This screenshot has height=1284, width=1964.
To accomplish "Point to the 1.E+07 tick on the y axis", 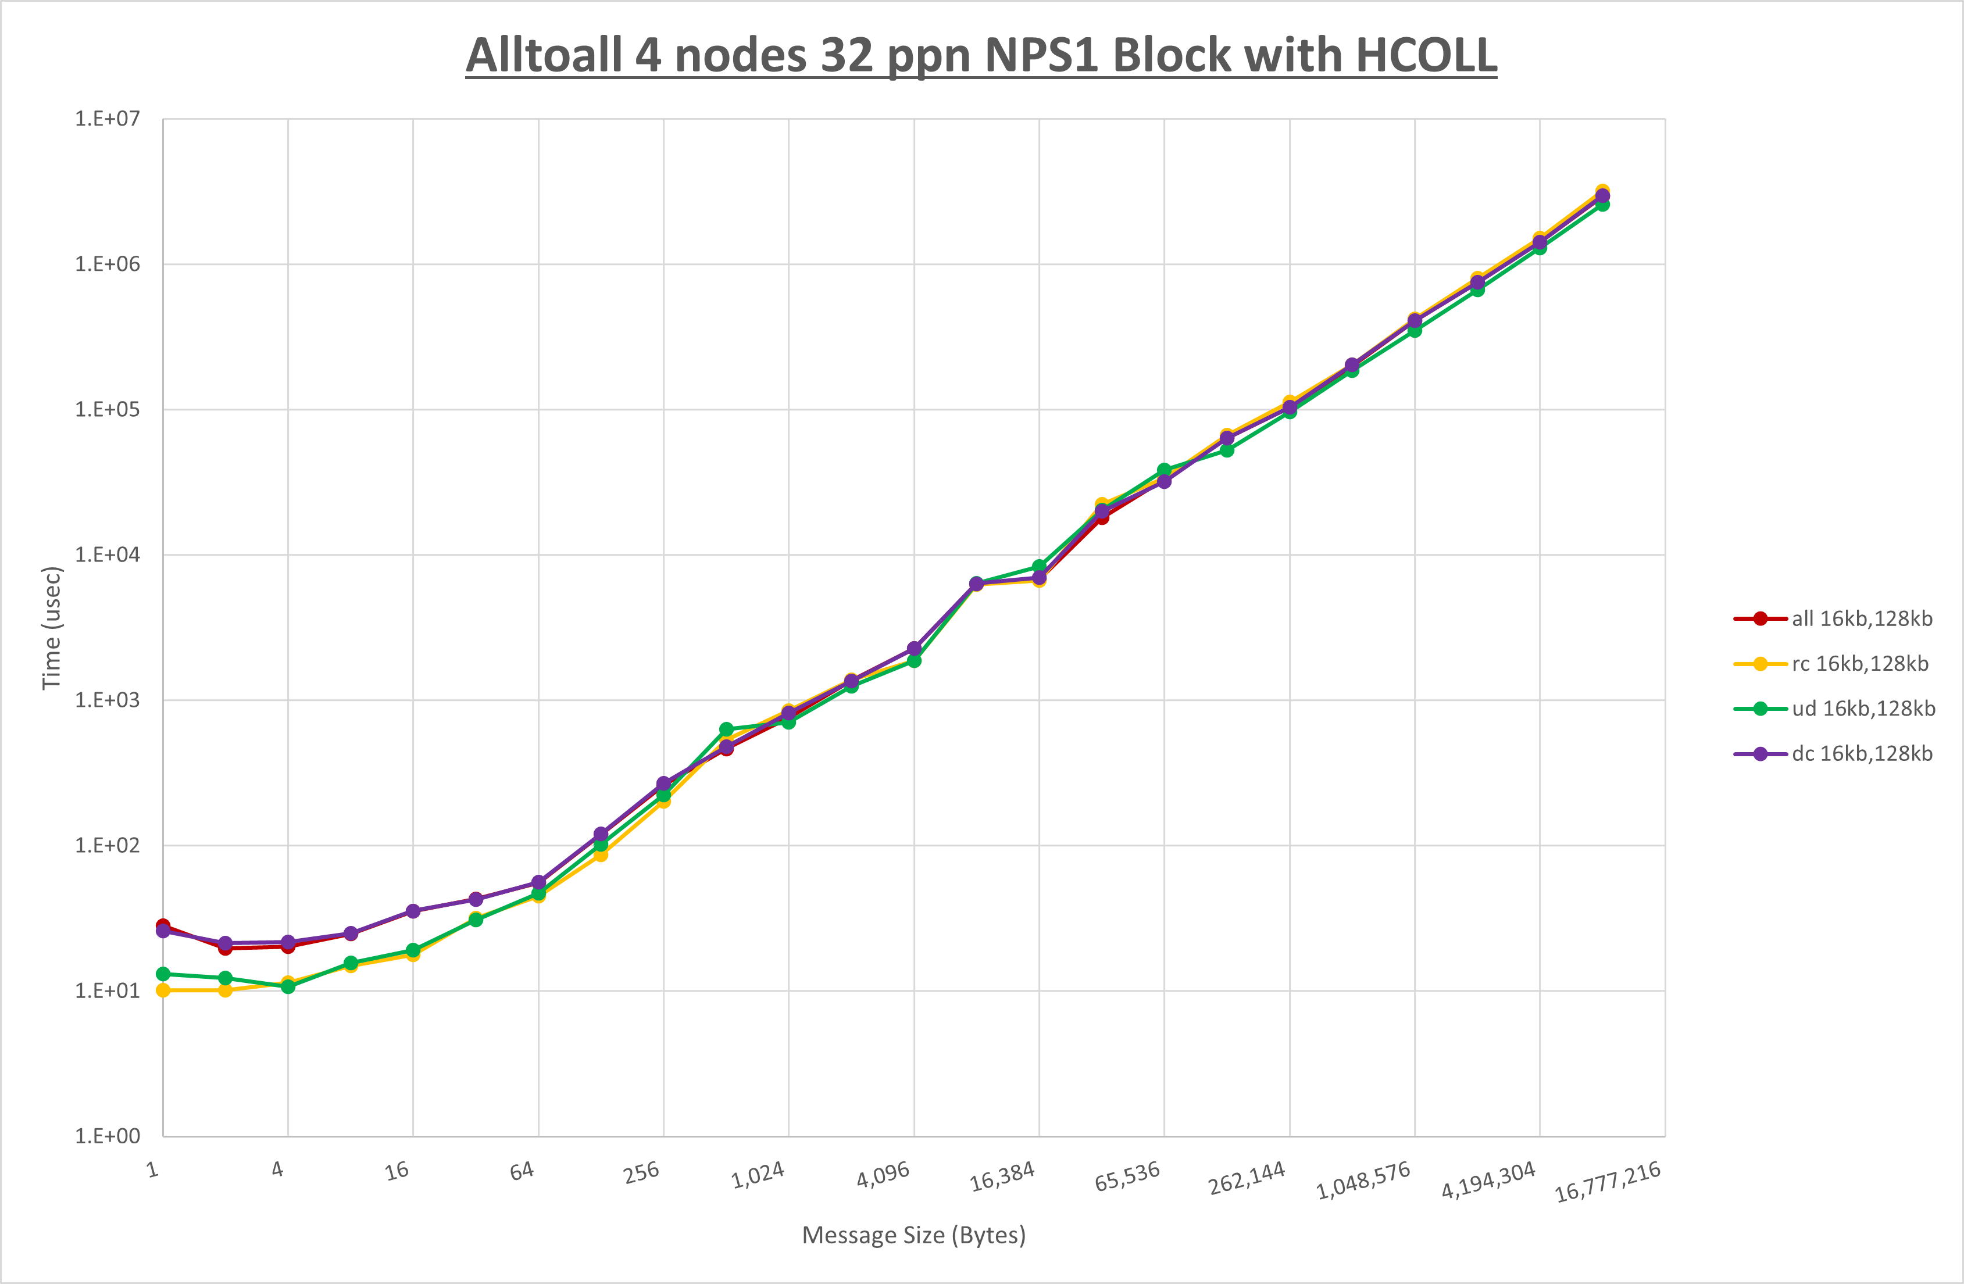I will [108, 119].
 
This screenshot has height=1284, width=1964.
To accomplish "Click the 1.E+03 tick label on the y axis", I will [108, 700].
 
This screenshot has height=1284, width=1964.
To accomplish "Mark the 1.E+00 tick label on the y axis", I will [108, 1136].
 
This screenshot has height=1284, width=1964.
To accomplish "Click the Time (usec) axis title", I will [52, 627].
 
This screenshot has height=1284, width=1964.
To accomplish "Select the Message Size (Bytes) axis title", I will [913, 1235].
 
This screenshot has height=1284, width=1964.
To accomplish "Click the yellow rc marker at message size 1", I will [163, 990].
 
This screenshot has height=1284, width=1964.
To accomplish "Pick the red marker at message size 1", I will [163, 926].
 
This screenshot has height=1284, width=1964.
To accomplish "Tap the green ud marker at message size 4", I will [288, 987].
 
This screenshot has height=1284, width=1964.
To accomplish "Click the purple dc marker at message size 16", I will [413, 911].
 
